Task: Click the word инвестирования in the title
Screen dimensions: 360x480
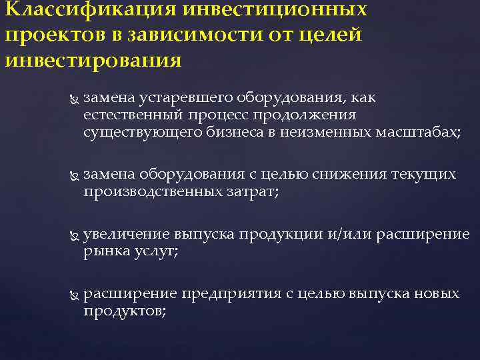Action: [93, 61]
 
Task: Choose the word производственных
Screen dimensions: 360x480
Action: [151, 191]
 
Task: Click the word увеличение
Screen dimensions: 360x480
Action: [127, 235]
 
